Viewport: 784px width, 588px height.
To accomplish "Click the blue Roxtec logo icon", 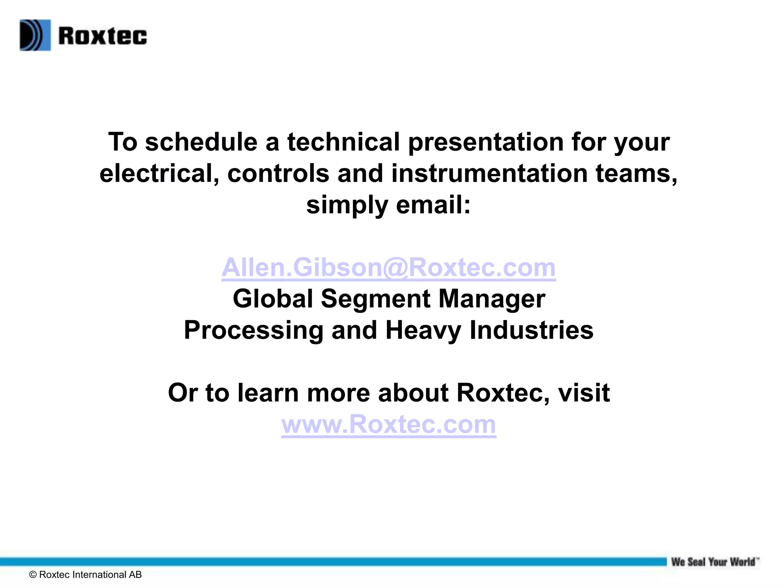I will tap(35, 35).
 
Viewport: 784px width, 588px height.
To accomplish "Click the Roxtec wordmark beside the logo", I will tap(103, 36).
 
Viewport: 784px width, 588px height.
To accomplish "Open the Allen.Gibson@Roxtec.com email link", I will tap(388, 267).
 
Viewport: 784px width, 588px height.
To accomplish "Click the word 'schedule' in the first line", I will tap(201, 142).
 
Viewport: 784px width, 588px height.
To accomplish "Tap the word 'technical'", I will tap(343, 142).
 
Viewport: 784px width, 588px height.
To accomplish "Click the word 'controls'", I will tap(278, 173).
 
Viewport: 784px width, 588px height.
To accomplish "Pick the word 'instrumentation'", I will tap(489, 173).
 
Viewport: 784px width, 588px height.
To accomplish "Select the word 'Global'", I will tap(273, 299).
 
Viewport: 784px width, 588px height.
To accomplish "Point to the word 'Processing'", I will tap(253, 330).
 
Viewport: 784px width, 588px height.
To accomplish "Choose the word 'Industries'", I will tap(531, 330).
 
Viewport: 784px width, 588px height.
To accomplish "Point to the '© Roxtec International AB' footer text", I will tap(85, 575).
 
